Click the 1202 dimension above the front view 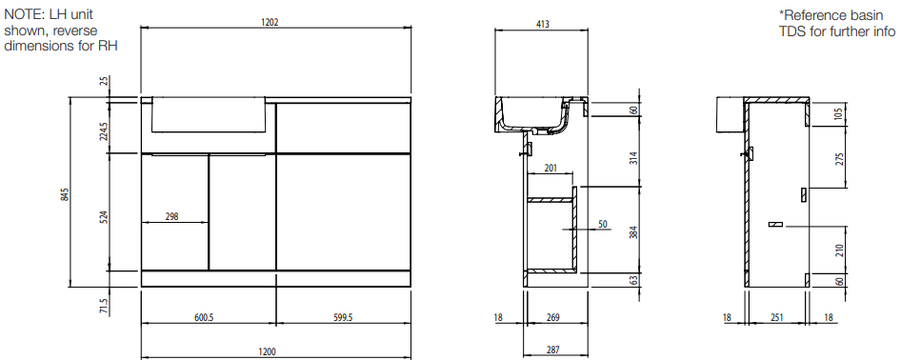[x=270, y=22]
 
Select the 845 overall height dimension [x=66, y=194]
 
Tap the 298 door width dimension [x=171, y=216]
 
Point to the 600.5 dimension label [x=204, y=317]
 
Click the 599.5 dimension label [x=343, y=317]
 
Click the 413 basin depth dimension [x=543, y=24]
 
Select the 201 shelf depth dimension [x=551, y=168]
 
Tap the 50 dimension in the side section [x=603, y=224]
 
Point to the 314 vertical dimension [x=634, y=158]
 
